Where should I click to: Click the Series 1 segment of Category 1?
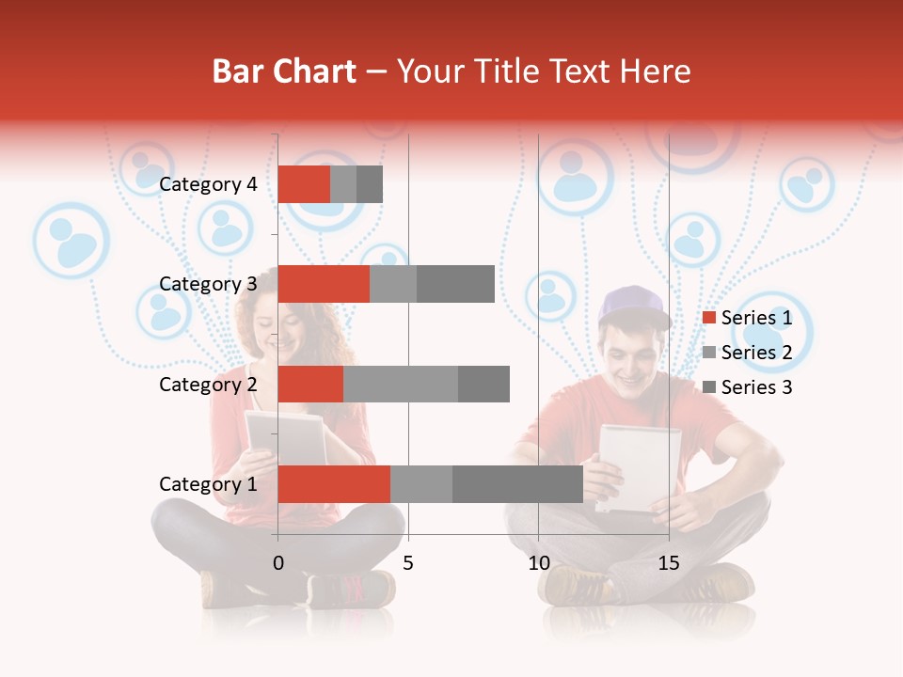point(334,484)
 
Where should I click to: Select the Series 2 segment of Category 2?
point(401,384)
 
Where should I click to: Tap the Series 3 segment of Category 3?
point(455,284)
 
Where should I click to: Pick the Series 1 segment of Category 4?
point(304,184)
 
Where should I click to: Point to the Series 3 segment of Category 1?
point(517,484)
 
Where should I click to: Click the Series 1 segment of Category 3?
point(324,284)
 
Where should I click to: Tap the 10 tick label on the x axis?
point(538,563)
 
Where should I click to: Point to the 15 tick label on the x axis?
point(668,563)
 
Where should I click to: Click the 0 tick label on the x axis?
point(278,563)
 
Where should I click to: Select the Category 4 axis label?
point(208,184)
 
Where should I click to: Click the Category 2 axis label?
point(208,384)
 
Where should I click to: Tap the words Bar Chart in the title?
point(283,71)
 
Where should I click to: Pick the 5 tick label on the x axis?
point(408,563)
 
